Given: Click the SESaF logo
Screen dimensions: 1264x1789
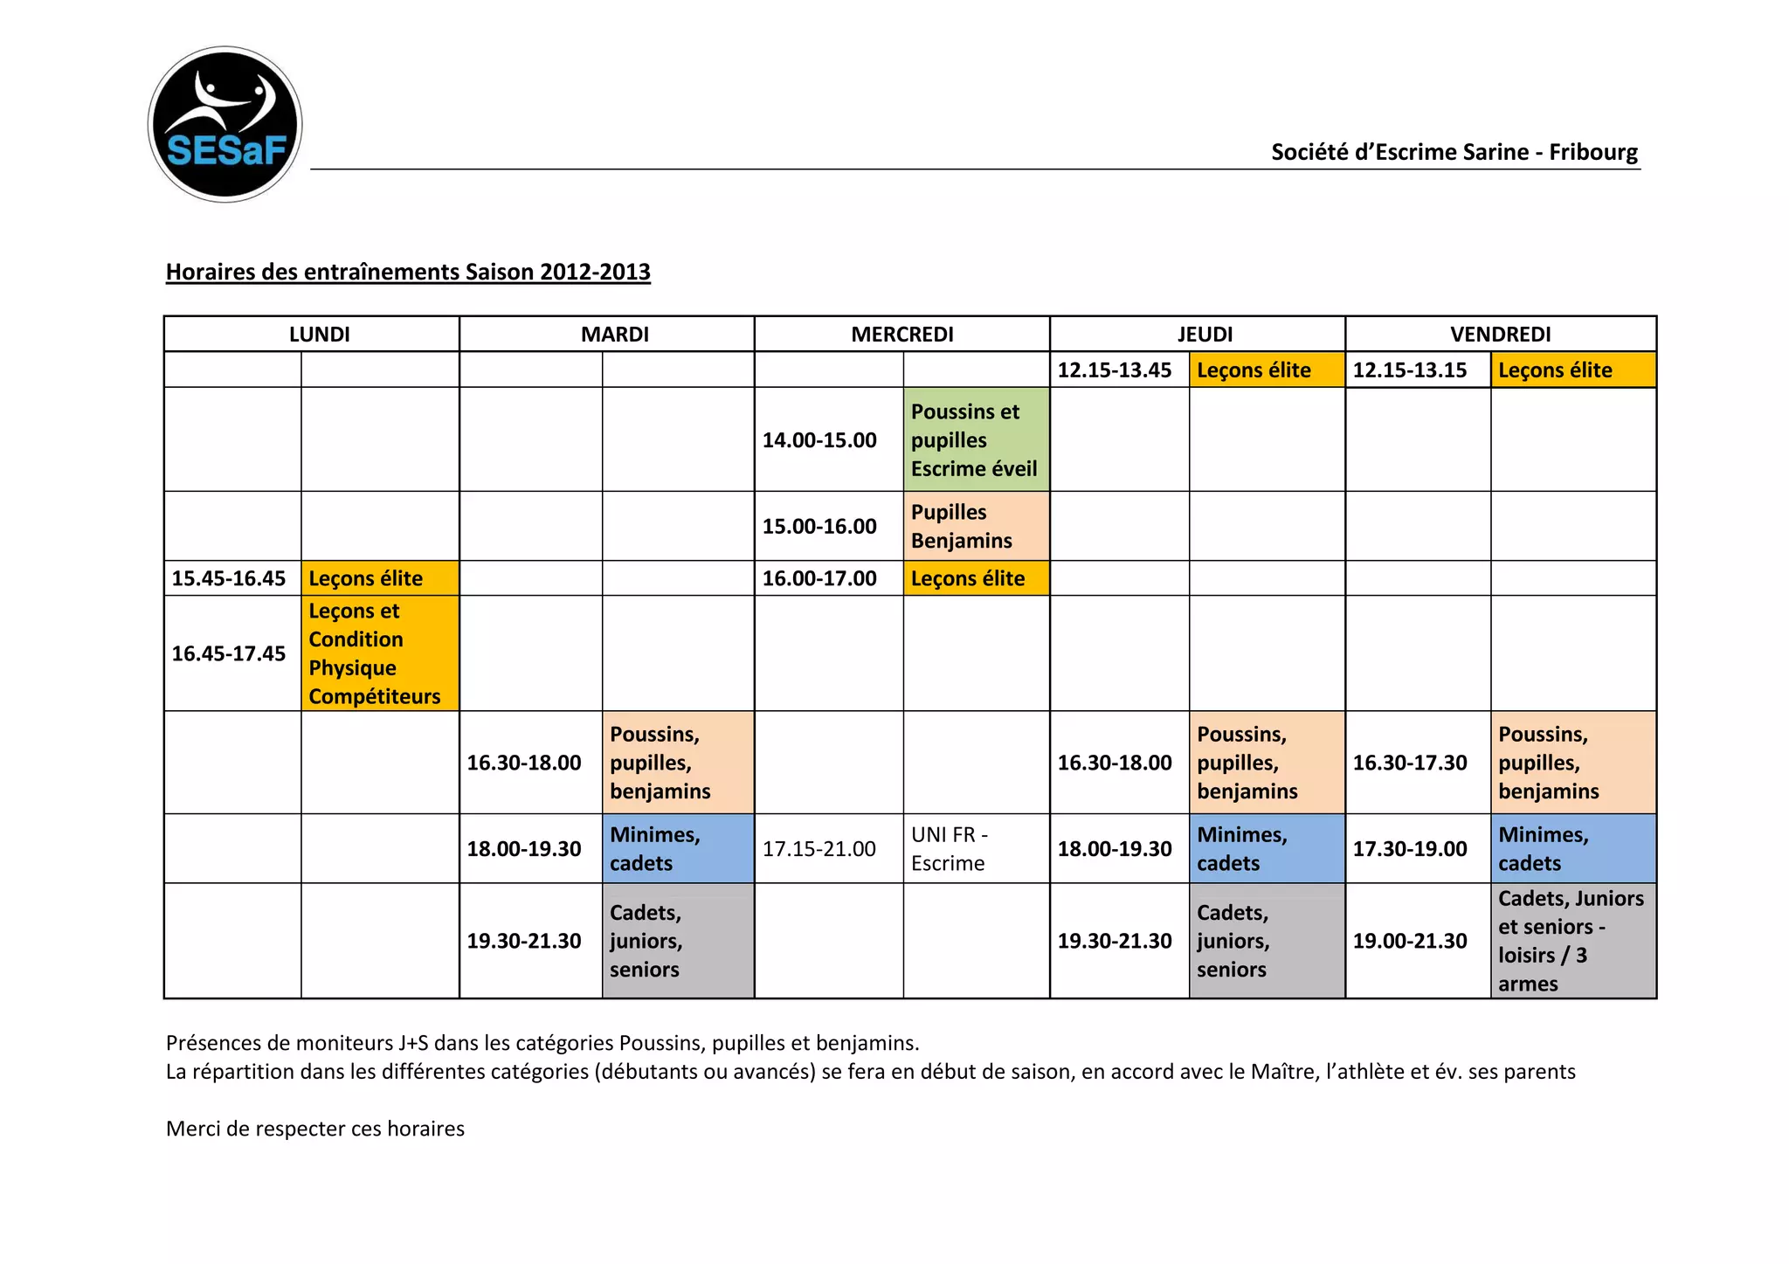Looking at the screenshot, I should pyautogui.click(x=225, y=125).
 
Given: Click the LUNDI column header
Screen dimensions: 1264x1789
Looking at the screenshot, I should pyautogui.click(x=319, y=335).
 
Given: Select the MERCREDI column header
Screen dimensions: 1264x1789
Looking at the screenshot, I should pyautogui.click(x=901, y=335).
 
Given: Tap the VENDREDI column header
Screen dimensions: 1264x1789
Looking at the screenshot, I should pyautogui.click(x=1500, y=335).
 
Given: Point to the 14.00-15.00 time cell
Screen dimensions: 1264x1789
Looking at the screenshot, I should pyautogui.click(x=819, y=440).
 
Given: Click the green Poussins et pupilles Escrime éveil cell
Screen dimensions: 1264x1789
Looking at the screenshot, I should pyautogui.click(x=975, y=440).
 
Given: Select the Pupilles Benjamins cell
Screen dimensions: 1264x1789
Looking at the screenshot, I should pyautogui.click(x=975, y=526).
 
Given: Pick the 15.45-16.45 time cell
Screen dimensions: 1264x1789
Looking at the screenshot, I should pyautogui.click(x=229, y=578).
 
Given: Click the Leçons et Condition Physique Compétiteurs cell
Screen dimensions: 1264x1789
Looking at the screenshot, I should pyautogui.click(x=379, y=653).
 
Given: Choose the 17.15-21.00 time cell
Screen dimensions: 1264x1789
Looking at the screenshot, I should pyautogui.click(x=819, y=849).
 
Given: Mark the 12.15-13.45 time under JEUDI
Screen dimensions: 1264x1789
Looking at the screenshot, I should pyautogui.click(x=1115, y=370).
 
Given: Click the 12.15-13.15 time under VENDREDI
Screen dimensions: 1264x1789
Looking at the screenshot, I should pyautogui.click(x=1410, y=370).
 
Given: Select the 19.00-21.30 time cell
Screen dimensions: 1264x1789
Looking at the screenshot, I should pyautogui.click(x=1410, y=941).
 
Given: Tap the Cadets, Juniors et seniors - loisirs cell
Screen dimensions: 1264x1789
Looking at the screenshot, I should pyautogui.click(x=1571, y=941).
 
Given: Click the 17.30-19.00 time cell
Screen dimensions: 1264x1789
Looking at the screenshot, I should pyautogui.click(x=1410, y=849).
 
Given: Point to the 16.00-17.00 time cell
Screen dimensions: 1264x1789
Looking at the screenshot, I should pyautogui.click(x=819, y=578).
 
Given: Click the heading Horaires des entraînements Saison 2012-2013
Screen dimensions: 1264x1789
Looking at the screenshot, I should pyautogui.click(x=408, y=273).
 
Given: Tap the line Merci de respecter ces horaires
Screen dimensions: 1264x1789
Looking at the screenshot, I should pyautogui.click(x=315, y=1129).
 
